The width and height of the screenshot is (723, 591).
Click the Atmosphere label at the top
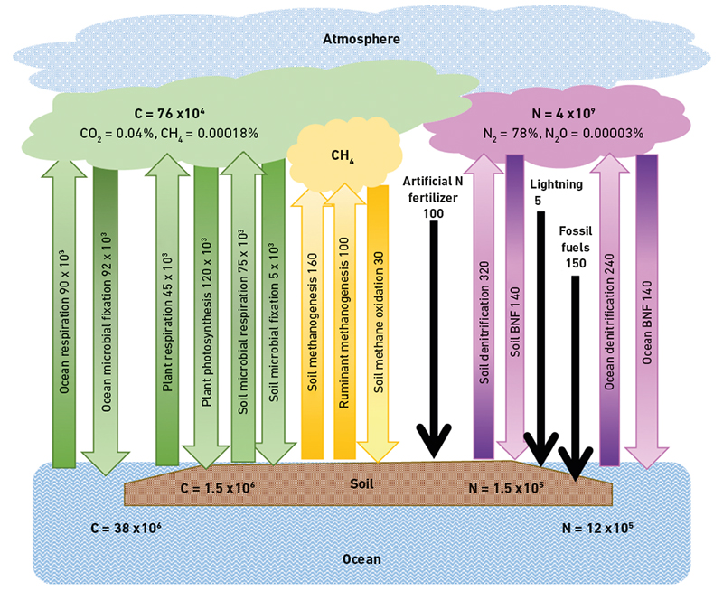[361, 39]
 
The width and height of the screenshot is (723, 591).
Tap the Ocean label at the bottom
[361, 559]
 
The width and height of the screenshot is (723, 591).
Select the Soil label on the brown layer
[361, 483]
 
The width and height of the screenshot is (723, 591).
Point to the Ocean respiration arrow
[63, 316]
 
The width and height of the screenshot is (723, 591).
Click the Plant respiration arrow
[167, 316]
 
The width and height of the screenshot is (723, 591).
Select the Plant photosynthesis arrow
[208, 316]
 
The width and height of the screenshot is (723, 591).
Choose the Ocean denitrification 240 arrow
[610, 316]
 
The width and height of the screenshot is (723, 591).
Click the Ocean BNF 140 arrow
[648, 316]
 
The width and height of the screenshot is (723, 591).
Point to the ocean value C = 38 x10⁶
[126, 526]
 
